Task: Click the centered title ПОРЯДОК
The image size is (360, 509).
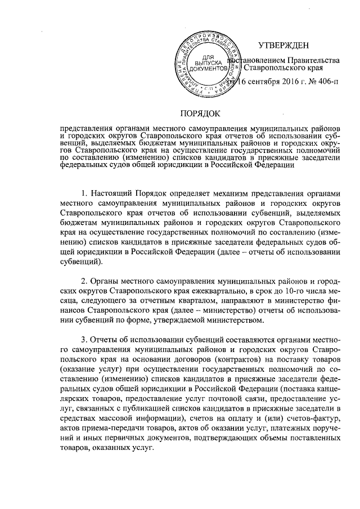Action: tap(202, 112)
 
